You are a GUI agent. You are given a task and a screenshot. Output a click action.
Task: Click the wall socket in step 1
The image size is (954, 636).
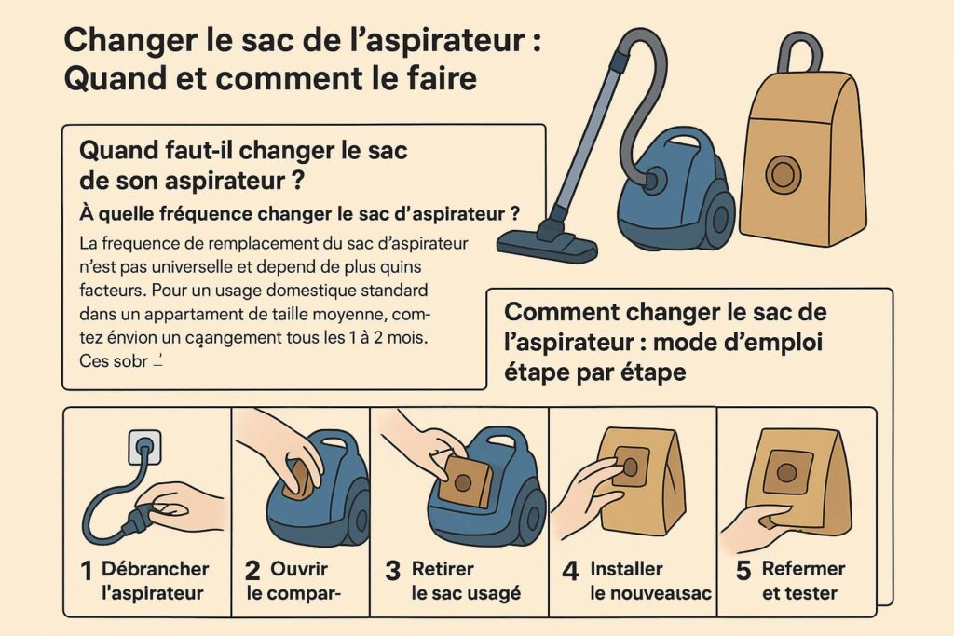click(x=139, y=446)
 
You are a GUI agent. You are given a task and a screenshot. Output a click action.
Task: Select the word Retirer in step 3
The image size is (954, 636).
click(x=443, y=569)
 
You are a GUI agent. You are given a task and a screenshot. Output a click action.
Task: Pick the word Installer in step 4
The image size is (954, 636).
click(x=626, y=569)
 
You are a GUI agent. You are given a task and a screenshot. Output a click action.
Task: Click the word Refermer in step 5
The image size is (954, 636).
click(x=803, y=569)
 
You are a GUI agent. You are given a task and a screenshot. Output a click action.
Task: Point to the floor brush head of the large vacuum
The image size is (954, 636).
click(x=548, y=244)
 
